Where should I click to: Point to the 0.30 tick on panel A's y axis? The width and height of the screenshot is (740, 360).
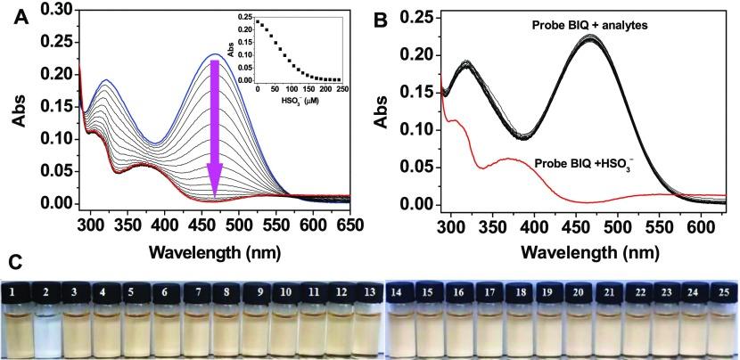(61, 9)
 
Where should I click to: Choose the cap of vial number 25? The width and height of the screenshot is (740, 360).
(719, 291)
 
